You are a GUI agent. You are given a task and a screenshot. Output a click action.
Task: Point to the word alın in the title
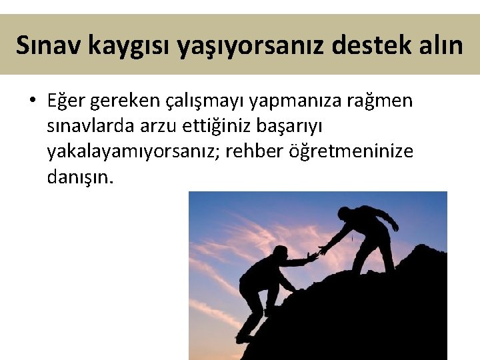coord(439,45)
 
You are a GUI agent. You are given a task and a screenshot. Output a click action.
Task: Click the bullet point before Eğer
coord(31,101)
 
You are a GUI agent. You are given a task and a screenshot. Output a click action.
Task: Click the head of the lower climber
coord(281,252)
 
